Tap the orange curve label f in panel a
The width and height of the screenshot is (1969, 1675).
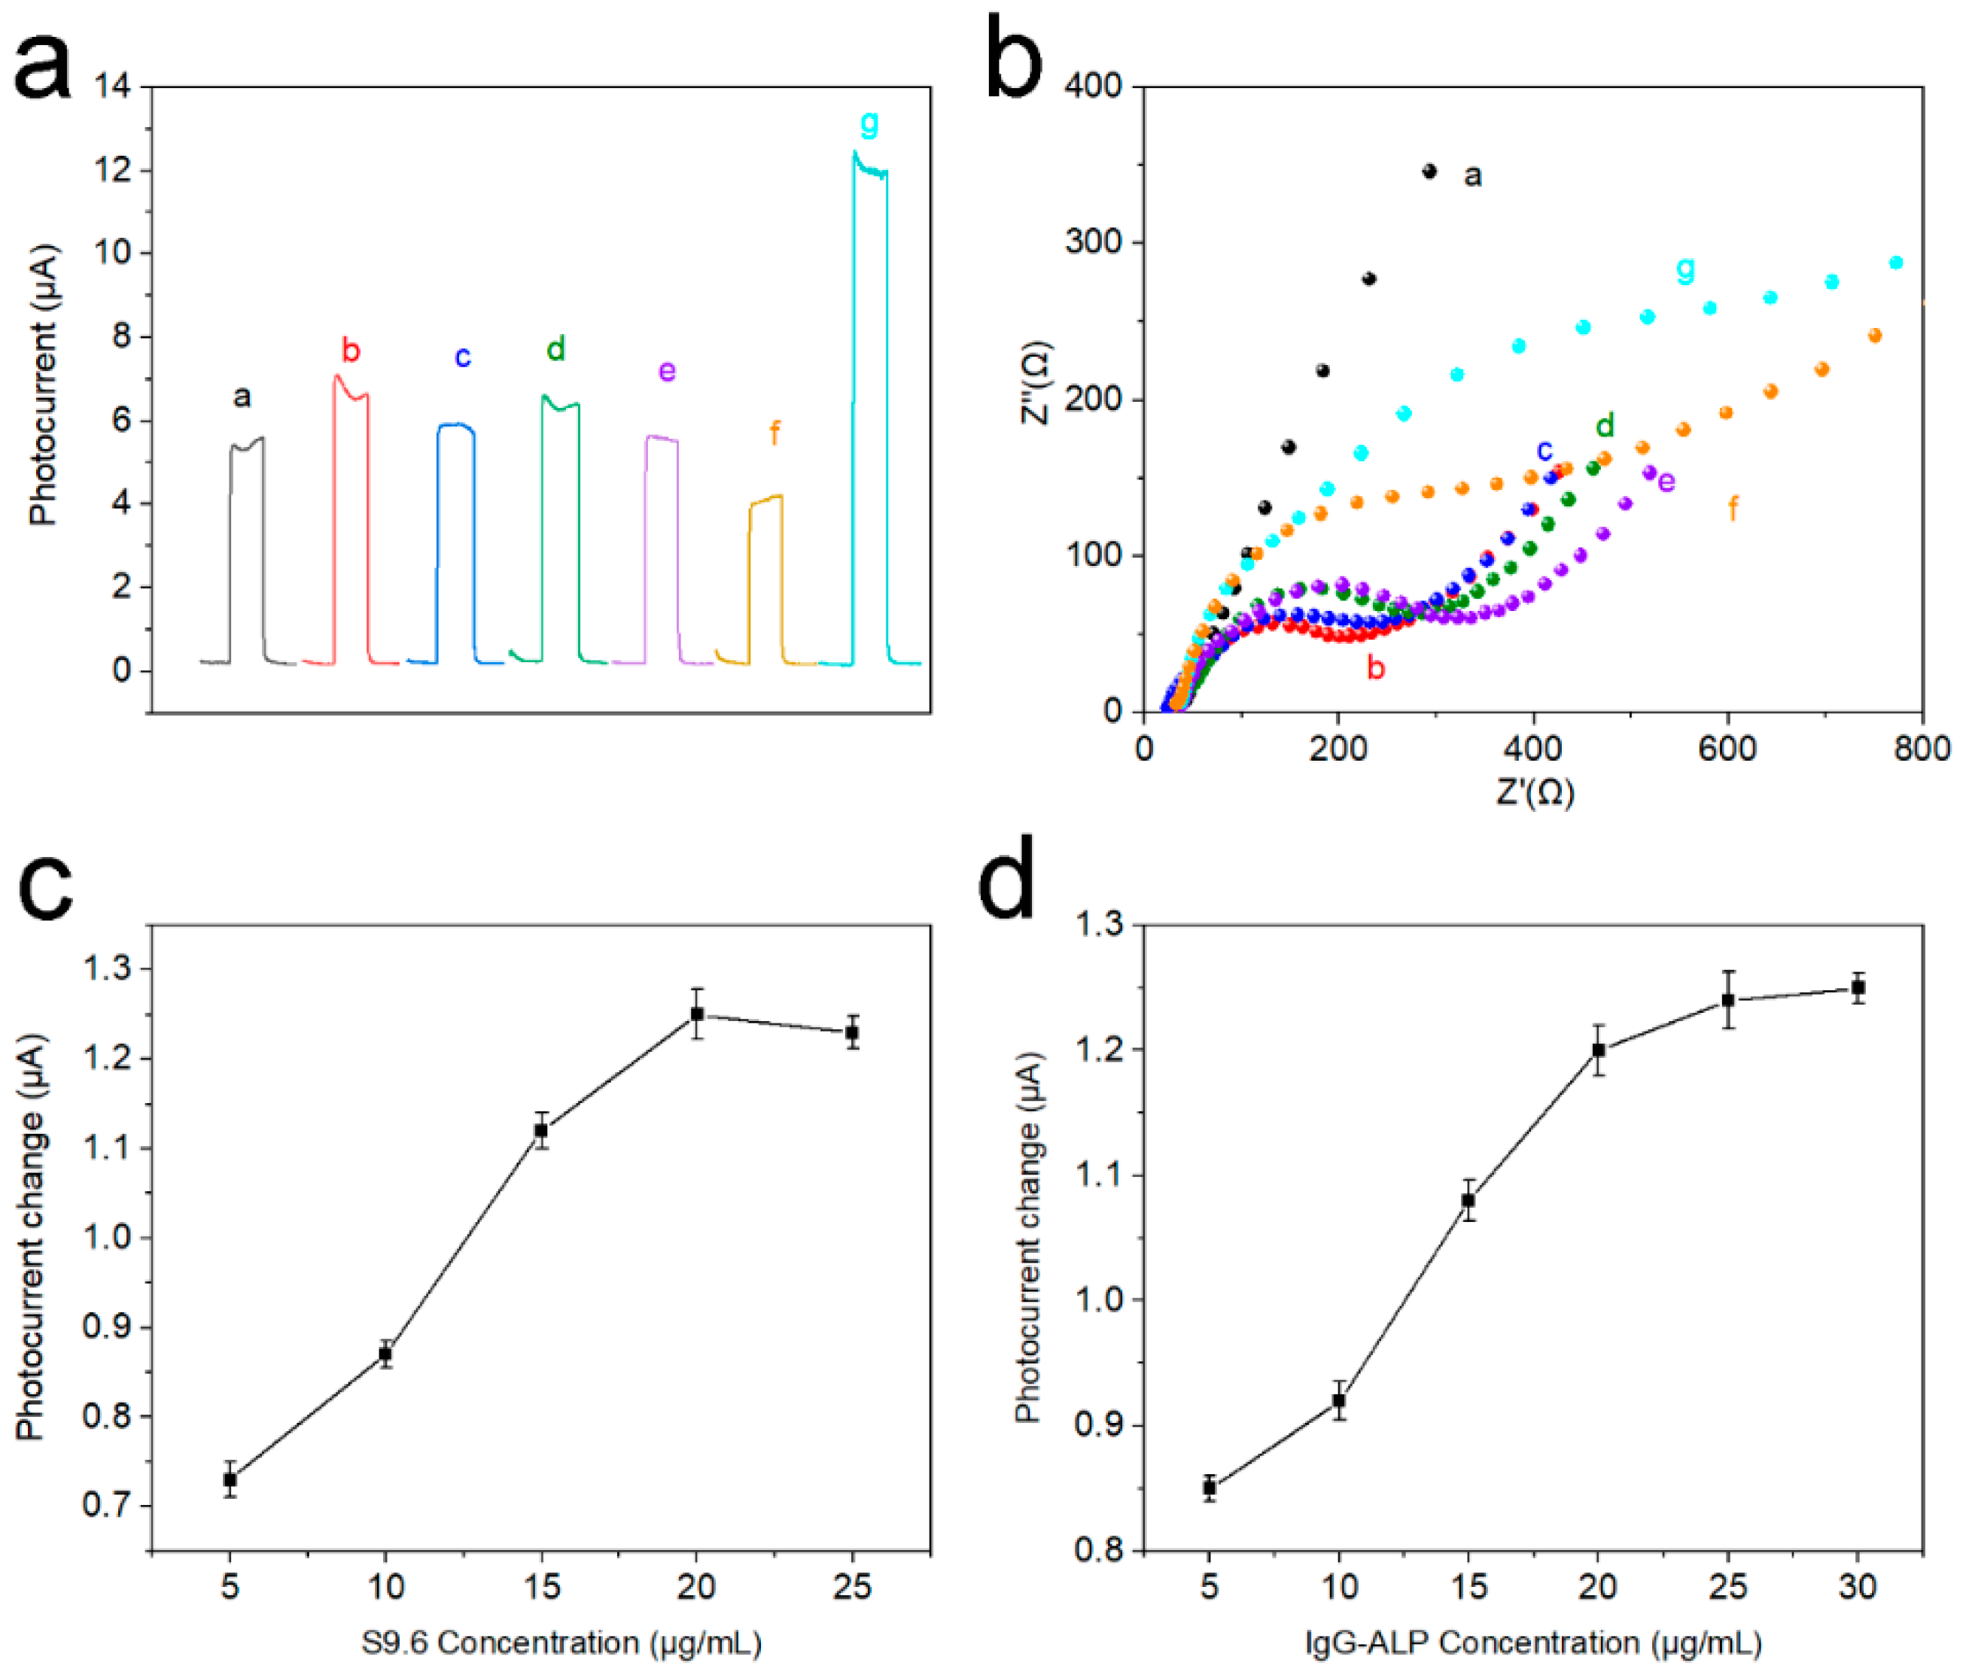[774, 434]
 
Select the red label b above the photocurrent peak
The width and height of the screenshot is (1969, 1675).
[351, 351]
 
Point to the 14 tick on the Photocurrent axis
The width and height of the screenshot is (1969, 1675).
[113, 87]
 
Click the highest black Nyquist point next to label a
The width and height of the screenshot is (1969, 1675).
[1429, 171]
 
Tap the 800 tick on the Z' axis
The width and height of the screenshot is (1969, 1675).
[1922, 749]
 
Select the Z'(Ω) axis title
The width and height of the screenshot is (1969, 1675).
[1534, 791]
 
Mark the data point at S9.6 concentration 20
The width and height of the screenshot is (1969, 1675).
[696, 1014]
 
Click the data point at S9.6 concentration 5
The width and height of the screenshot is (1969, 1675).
[230, 1479]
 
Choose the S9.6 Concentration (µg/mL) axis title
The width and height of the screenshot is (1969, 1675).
[561, 1642]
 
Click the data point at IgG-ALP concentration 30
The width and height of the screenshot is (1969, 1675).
[1858, 987]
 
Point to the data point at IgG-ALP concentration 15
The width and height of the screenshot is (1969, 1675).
[1468, 1200]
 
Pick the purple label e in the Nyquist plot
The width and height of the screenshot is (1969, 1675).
[1666, 482]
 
